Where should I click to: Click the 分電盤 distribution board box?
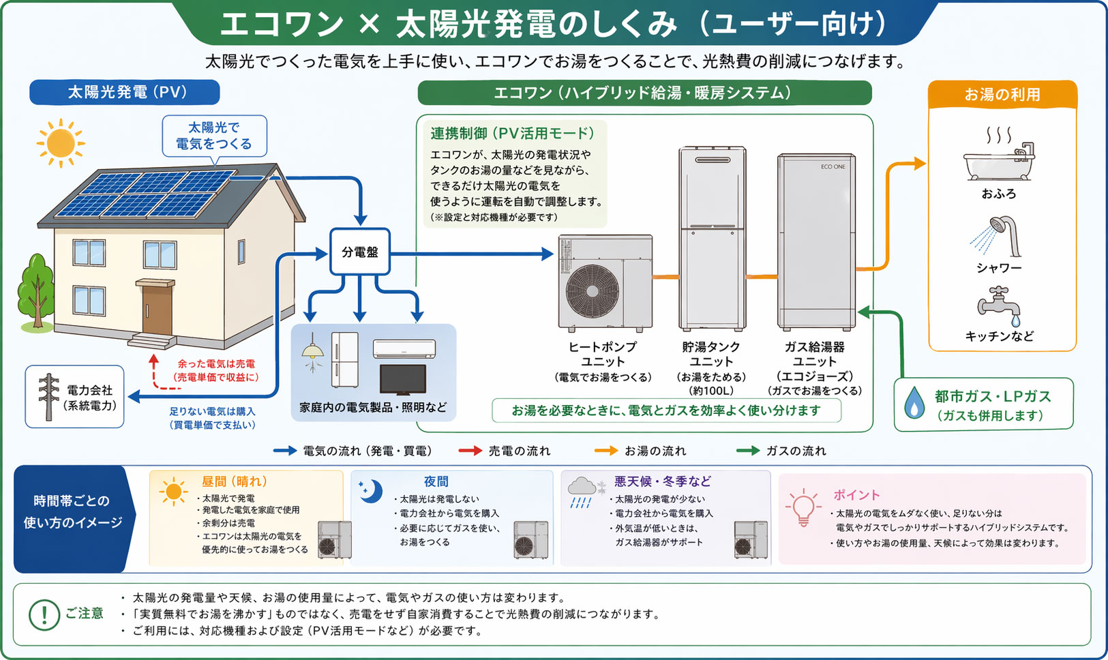359,252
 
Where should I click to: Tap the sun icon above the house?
61,143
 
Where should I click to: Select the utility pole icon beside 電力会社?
48,396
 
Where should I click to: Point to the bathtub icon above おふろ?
999,162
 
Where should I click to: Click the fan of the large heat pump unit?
592,290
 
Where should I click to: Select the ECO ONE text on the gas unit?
833,167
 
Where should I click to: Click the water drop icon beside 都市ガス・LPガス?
914,403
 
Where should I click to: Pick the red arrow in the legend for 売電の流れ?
470,451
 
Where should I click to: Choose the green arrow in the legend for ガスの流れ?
748,451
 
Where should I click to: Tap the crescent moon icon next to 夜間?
372,491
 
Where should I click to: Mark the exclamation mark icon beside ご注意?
44,615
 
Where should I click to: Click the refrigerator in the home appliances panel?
344,359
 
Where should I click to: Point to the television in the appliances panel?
403,379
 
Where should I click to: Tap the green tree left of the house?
37,290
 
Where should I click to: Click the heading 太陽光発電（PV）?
125,92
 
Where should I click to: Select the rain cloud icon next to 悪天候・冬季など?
582,490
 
